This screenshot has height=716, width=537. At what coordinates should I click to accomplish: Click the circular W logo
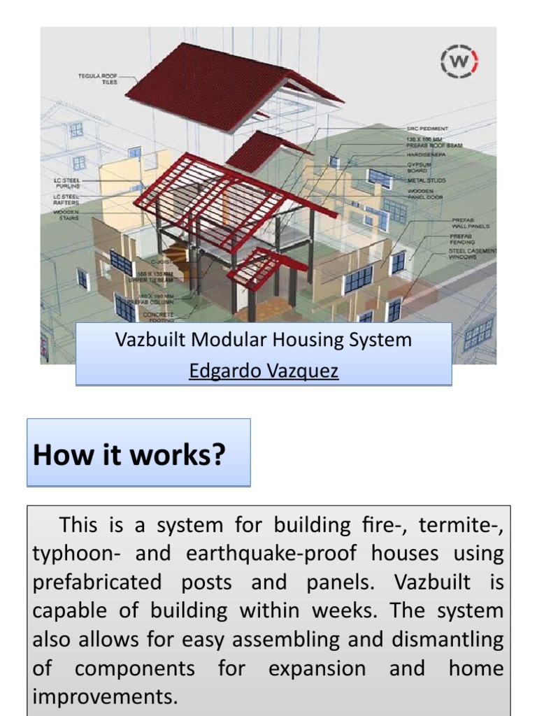click(459, 62)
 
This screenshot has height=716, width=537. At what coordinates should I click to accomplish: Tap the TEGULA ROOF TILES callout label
click(98, 78)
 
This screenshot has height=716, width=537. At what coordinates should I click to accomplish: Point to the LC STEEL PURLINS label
click(67, 183)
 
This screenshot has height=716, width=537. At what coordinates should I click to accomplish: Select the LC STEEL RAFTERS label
click(67, 199)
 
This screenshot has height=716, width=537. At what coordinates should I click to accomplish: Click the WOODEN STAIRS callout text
click(66, 215)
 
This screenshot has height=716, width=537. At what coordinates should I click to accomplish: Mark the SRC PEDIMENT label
click(427, 129)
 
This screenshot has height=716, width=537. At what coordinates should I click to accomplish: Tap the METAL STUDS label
click(427, 180)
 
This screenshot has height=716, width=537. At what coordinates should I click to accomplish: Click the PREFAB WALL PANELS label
click(469, 223)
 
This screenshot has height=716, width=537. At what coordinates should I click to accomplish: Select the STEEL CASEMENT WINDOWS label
click(472, 253)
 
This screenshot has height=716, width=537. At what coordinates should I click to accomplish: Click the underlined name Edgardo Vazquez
click(264, 371)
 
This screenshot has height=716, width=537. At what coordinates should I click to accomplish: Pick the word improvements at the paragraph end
click(105, 696)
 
